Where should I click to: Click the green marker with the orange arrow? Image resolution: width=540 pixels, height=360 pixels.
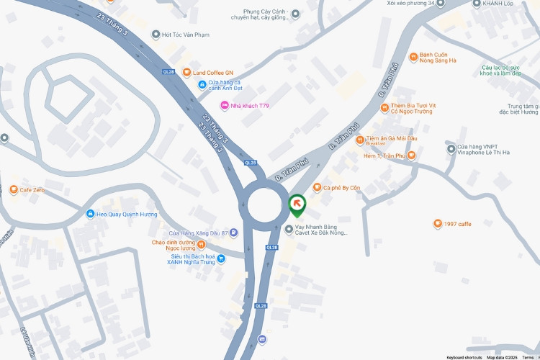pos(297,204)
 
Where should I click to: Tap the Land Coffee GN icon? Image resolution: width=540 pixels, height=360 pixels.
pos(186,73)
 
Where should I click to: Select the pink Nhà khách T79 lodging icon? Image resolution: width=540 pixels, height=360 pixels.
pos(224,106)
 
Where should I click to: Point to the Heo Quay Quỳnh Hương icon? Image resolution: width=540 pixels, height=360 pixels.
pos(90,214)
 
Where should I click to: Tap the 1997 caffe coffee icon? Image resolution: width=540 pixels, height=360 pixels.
pos(437,224)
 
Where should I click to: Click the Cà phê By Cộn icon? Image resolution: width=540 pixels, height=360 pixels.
pos(316,188)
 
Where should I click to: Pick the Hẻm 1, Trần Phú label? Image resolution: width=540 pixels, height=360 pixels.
pos(384,155)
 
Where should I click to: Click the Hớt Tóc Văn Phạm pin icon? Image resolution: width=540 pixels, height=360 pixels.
pos(156,35)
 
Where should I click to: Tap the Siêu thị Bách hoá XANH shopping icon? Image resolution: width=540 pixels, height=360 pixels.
pos(221,258)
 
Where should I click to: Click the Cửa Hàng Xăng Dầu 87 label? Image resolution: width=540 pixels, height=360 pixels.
pos(198,233)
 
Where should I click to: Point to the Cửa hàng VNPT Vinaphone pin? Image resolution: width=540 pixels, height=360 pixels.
pos(451,149)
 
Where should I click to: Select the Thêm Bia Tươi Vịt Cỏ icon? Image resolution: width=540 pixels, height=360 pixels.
pos(384,108)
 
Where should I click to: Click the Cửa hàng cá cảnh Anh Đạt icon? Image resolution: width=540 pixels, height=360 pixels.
pos(202,85)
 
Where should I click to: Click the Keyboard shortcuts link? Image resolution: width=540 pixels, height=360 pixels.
pos(464,357)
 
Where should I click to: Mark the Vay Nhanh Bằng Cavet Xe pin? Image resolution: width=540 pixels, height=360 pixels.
pos(289,230)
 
